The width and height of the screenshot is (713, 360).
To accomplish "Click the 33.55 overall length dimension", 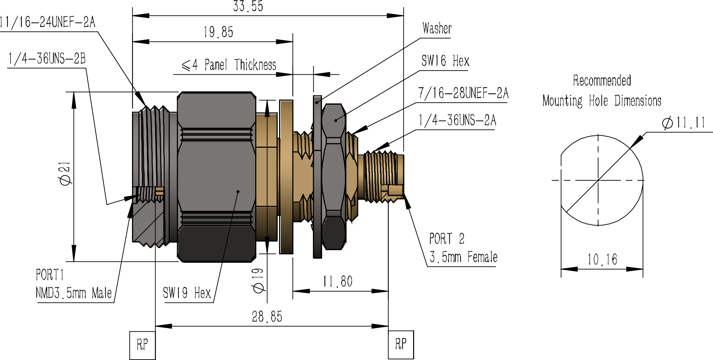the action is (x=248, y=6).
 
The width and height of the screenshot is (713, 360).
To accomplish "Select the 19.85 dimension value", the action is (x=218, y=32).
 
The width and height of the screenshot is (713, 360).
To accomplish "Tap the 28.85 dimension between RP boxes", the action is (x=267, y=317).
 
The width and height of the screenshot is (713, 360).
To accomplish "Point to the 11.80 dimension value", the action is (x=338, y=282).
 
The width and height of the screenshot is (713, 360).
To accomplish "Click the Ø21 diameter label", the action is (x=65, y=173).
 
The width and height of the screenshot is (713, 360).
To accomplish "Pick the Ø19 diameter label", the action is (x=258, y=281).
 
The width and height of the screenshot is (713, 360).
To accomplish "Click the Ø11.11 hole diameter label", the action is (x=684, y=123).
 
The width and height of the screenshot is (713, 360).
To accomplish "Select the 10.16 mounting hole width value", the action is (x=602, y=259).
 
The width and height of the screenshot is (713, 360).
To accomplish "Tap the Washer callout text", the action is (x=437, y=28).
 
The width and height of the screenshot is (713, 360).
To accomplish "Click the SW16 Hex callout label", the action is (x=445, y=61).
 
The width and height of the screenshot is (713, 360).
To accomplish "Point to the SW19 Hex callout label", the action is (x=187, y=293).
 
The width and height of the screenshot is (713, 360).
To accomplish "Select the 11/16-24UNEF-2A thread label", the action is (x=47, y=22).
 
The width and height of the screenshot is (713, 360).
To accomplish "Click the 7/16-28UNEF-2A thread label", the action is (x=463, y=93).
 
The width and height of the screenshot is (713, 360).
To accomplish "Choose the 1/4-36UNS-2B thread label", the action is (x=47, y=59).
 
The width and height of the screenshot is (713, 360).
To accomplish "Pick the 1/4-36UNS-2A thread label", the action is (x=458, y=120).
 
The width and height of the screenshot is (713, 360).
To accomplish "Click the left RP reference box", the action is (x=143, y=345).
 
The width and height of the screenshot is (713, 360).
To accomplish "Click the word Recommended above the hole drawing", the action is (x=602, y=80).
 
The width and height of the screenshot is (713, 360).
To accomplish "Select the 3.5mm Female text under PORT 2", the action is (x=463, y=257).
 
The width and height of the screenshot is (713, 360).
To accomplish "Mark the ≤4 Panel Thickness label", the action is (x=229, y=65).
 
